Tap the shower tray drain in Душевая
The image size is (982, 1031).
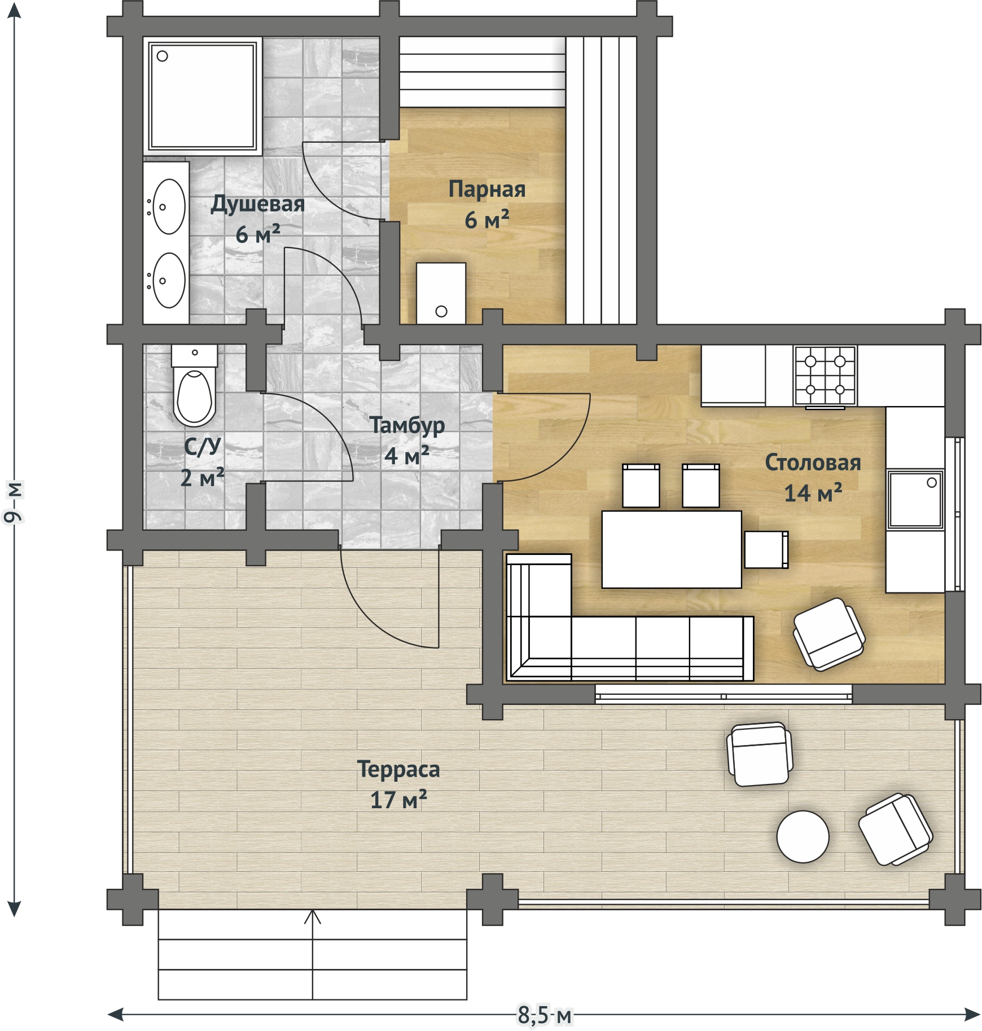tap(163, 56)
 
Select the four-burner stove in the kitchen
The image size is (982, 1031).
tap(825, 376)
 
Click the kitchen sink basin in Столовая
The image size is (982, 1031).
tap(915, 500)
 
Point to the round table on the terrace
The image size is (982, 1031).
tap(803, 837)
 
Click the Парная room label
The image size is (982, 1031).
tap(487, 190)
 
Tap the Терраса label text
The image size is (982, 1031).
tap(398, 769)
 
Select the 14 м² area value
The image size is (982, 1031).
tap(813, 493)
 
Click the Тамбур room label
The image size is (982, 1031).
tap(407, 426)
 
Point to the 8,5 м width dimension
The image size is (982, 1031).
tap(545, 1016)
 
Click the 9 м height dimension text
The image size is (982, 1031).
tap(12, 501)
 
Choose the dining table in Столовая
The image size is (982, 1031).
tap(672, 549)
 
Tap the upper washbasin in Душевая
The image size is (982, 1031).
tap(169, 206)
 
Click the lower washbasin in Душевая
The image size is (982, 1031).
tap(169, 280)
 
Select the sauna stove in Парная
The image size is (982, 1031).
tap(441, 293)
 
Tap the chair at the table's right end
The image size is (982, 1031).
tap(766, 549)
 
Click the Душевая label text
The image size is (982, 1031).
tap(257, 204)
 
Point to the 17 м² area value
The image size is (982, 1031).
tap(398, 800)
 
